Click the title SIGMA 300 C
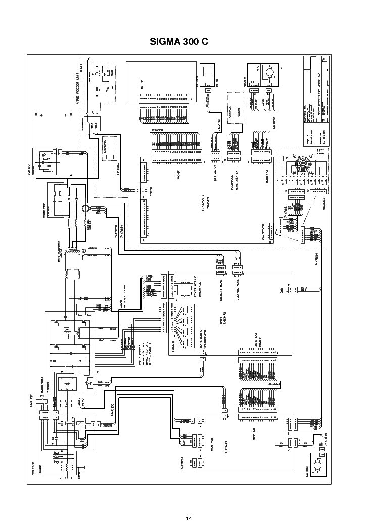pos(179,42)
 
